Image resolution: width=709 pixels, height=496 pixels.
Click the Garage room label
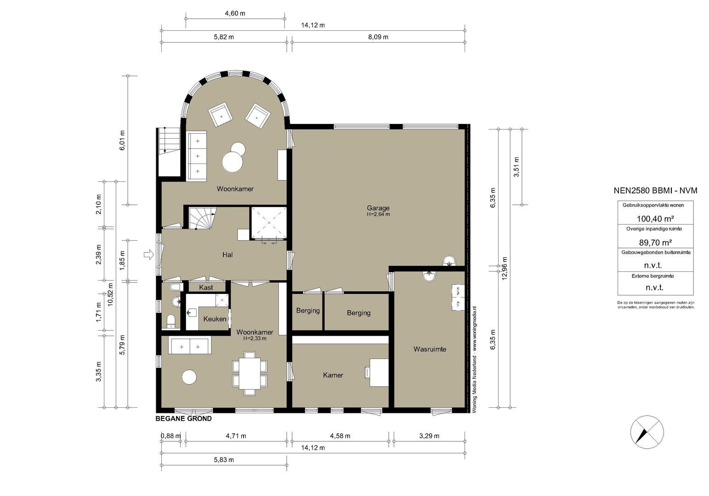coord(378,208)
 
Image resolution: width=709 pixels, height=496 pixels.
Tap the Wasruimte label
coord(430,349)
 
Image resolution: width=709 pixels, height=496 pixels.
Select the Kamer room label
coord(333,375)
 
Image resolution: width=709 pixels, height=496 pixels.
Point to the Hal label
coord(227,254)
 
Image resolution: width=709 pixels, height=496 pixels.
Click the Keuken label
coord(215,319)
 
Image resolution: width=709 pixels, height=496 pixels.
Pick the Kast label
coord(206,287)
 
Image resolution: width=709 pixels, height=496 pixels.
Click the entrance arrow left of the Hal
coord(148,254)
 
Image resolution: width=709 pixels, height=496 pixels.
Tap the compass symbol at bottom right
coord(647,432)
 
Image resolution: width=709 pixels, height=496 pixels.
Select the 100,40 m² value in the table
coord(655,219)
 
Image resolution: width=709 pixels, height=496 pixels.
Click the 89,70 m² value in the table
coord(655,242)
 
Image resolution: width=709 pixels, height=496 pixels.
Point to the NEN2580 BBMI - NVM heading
coord(655,191)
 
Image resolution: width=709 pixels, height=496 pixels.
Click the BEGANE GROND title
coord(183,419)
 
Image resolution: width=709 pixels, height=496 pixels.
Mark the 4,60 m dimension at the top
coord(235,13)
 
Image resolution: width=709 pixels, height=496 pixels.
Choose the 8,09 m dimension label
coord(378,37)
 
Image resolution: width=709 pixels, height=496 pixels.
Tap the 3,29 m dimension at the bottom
coord(429,436)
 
